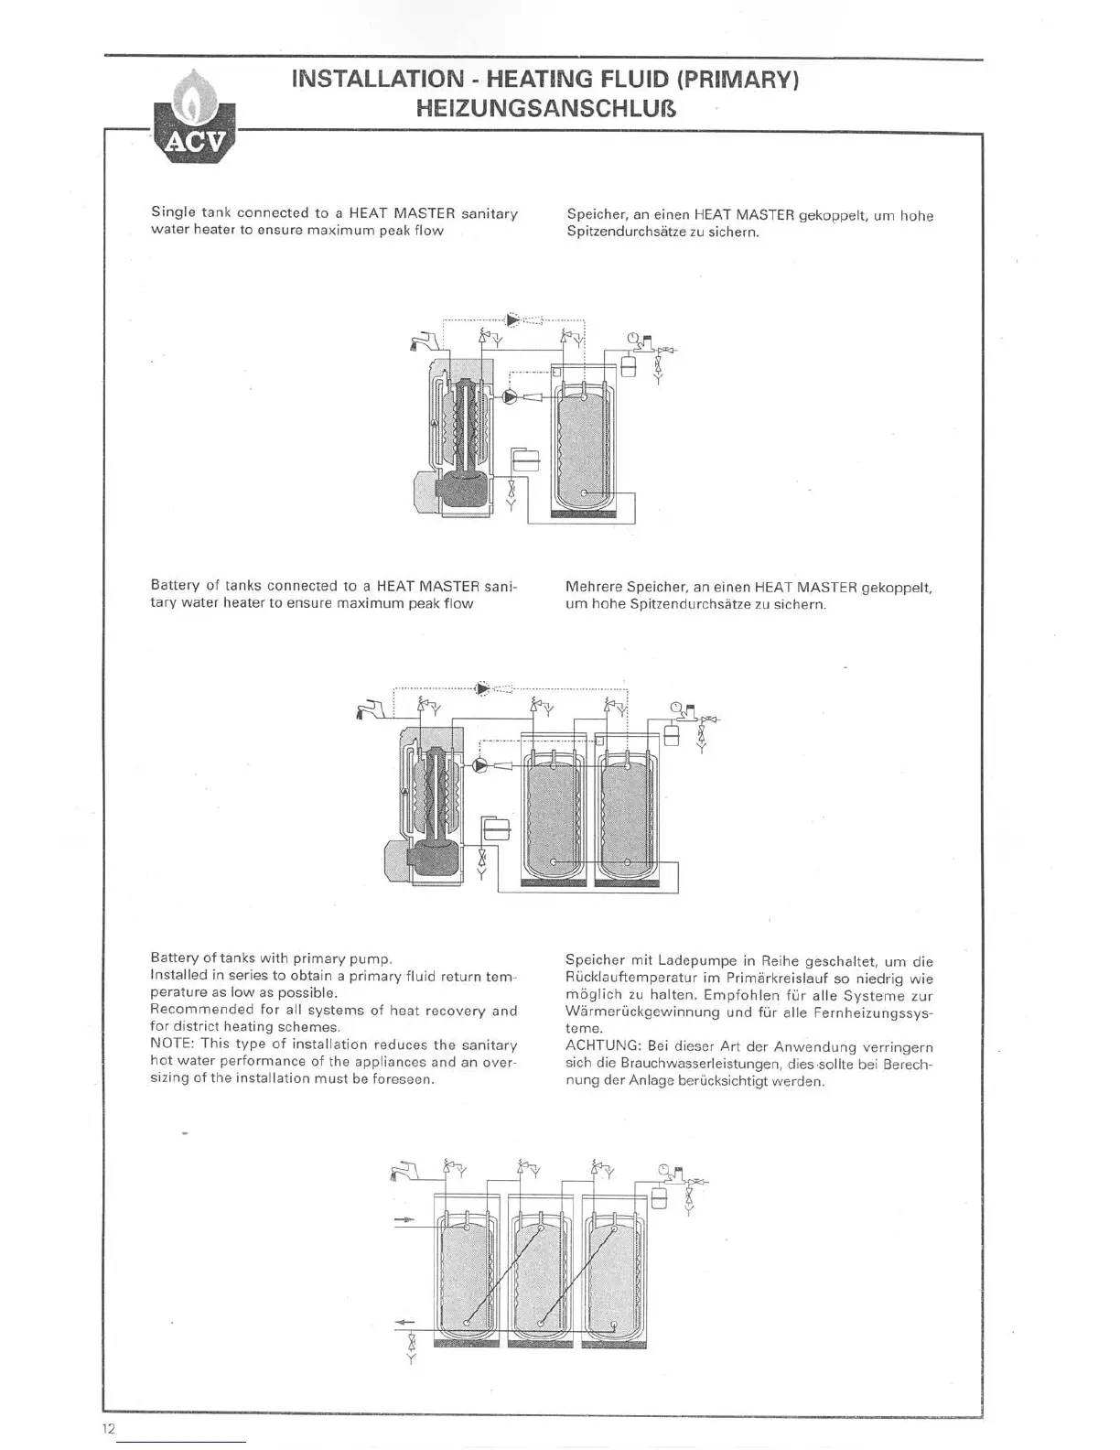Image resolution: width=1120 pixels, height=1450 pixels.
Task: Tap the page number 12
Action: [x=109, y=1428]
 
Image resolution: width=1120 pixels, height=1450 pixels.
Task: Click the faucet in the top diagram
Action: [x=425, y=343]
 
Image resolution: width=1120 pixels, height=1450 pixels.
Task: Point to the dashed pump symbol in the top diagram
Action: [x=512, y=319]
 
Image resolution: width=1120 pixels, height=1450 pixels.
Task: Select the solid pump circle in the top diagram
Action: [x=510, y=397]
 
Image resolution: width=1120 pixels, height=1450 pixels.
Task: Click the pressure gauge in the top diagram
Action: [x=632, y=338]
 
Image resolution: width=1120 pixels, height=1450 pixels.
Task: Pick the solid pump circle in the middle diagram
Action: [x=480, y=767]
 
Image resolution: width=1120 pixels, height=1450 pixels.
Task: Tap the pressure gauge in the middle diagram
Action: [x=674, y=707]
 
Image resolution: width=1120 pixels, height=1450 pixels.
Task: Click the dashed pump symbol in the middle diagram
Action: [x=482, y=688]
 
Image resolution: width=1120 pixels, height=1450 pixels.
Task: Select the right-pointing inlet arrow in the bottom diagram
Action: [x=405, y=1220]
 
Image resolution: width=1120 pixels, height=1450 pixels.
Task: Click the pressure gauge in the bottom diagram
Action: [x=662, y=1169]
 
